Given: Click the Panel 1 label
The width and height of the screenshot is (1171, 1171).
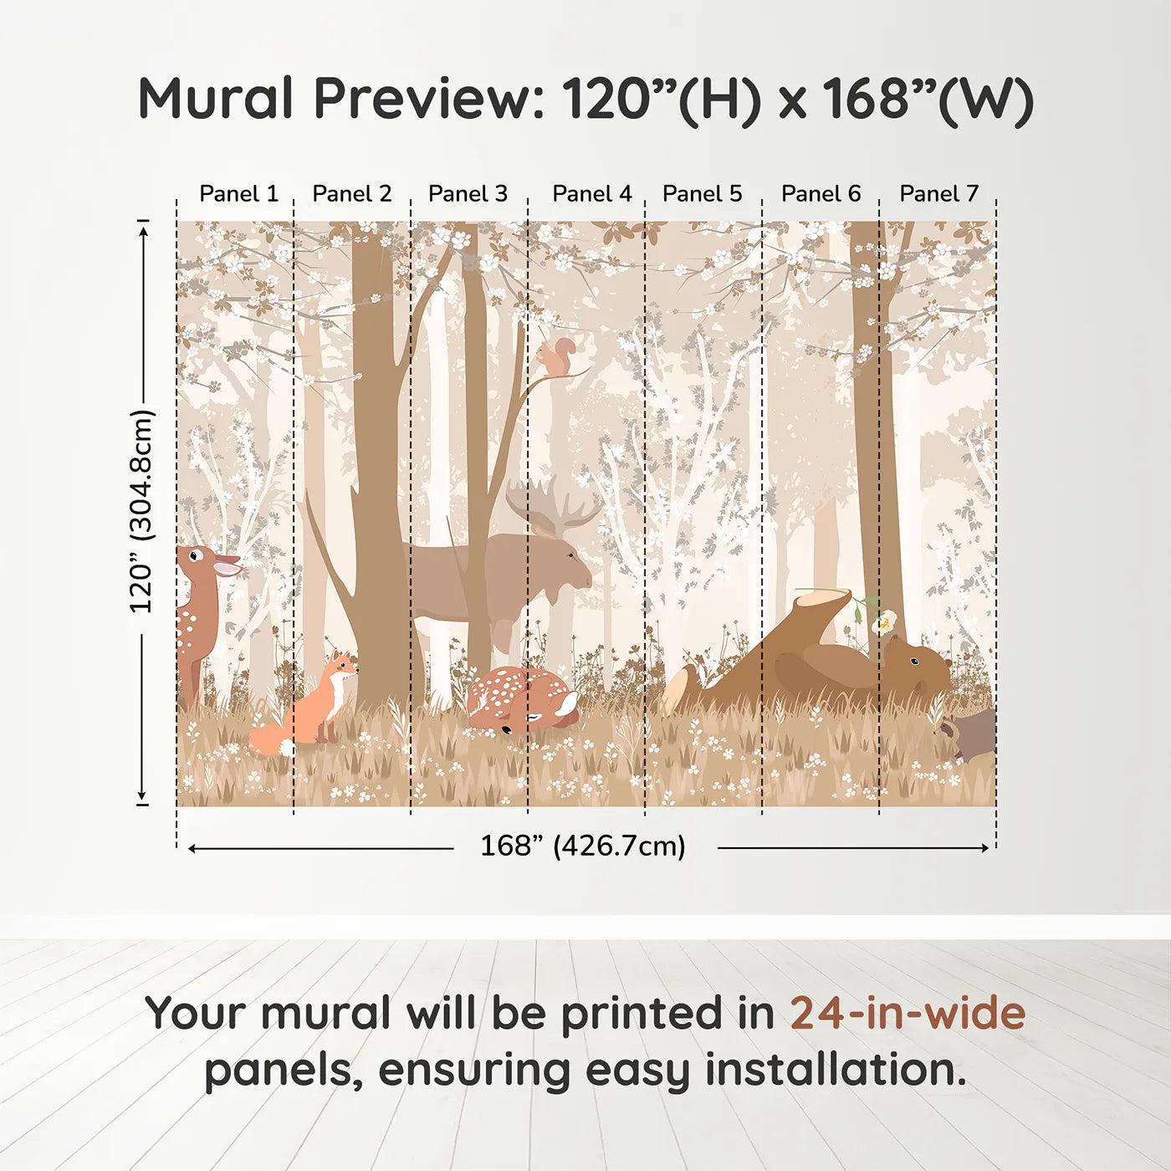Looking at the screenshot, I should [x=238, y=194].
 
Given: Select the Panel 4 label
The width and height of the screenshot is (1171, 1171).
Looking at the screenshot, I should [x=592, y=194].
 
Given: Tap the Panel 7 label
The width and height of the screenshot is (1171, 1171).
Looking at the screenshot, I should [x=938, y=194].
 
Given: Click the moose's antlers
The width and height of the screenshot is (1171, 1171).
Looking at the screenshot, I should [x=552, y=505].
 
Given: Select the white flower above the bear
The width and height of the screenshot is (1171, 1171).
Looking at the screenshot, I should [x=884, y=621].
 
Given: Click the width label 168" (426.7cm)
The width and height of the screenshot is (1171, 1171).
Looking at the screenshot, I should [x=582, y=846].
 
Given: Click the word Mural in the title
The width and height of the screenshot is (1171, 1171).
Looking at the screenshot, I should [x=216, y=99].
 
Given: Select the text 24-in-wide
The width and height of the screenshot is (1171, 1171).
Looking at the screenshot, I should [x=908, y=1014].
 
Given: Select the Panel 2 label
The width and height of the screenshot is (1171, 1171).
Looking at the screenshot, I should [x=351, y=194].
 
